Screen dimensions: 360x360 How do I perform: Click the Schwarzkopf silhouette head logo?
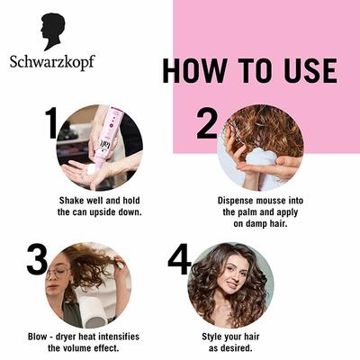[x=52, y=31]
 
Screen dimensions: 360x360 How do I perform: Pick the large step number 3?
[x=37, y=260]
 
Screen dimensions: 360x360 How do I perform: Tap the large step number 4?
[x=180, y=260]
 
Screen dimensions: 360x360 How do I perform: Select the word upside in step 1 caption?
[x=116, y=212]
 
